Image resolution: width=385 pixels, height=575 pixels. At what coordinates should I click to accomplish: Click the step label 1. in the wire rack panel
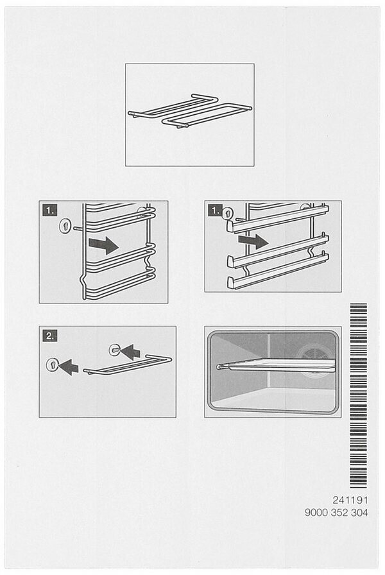(x=50, y=210)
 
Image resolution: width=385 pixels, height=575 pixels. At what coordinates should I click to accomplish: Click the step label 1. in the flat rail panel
(x=215, y=210)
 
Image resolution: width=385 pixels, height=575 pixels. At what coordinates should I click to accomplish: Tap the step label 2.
(x=50, y=336)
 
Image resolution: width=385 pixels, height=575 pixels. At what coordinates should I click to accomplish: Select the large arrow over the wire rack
(x=103, y=245)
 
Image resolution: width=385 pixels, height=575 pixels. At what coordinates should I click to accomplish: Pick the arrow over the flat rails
(x=253, y=241)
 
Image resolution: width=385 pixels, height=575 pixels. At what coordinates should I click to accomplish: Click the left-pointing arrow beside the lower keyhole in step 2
(x=69, y=367)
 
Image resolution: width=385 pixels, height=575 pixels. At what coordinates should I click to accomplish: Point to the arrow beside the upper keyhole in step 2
(x=130, y=352)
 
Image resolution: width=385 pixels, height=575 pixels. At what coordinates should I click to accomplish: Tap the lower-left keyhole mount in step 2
(x=52, y=365)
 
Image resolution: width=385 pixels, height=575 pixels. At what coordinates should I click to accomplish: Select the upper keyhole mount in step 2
(x=114, y=350)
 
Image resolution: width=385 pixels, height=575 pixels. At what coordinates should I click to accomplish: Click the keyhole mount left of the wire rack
(x=65, y=226)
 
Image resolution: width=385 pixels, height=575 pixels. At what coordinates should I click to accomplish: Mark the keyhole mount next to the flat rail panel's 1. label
(x=227, y=213)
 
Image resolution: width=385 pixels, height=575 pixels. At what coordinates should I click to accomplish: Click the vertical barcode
(x=358, y=395)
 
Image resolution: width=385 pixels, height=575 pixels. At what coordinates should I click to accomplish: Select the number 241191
(x=350, y=500)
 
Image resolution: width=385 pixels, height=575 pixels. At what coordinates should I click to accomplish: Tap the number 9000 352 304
(x=336, y=513)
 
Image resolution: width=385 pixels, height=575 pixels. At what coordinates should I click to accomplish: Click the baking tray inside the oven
(x=277, y=365)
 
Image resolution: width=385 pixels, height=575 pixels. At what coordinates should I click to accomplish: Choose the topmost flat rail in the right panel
(x=277, y=219)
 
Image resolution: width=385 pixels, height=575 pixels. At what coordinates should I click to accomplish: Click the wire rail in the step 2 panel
(x=128, y=365)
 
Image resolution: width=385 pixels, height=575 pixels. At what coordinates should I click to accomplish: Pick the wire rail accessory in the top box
(x=190, y=110)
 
